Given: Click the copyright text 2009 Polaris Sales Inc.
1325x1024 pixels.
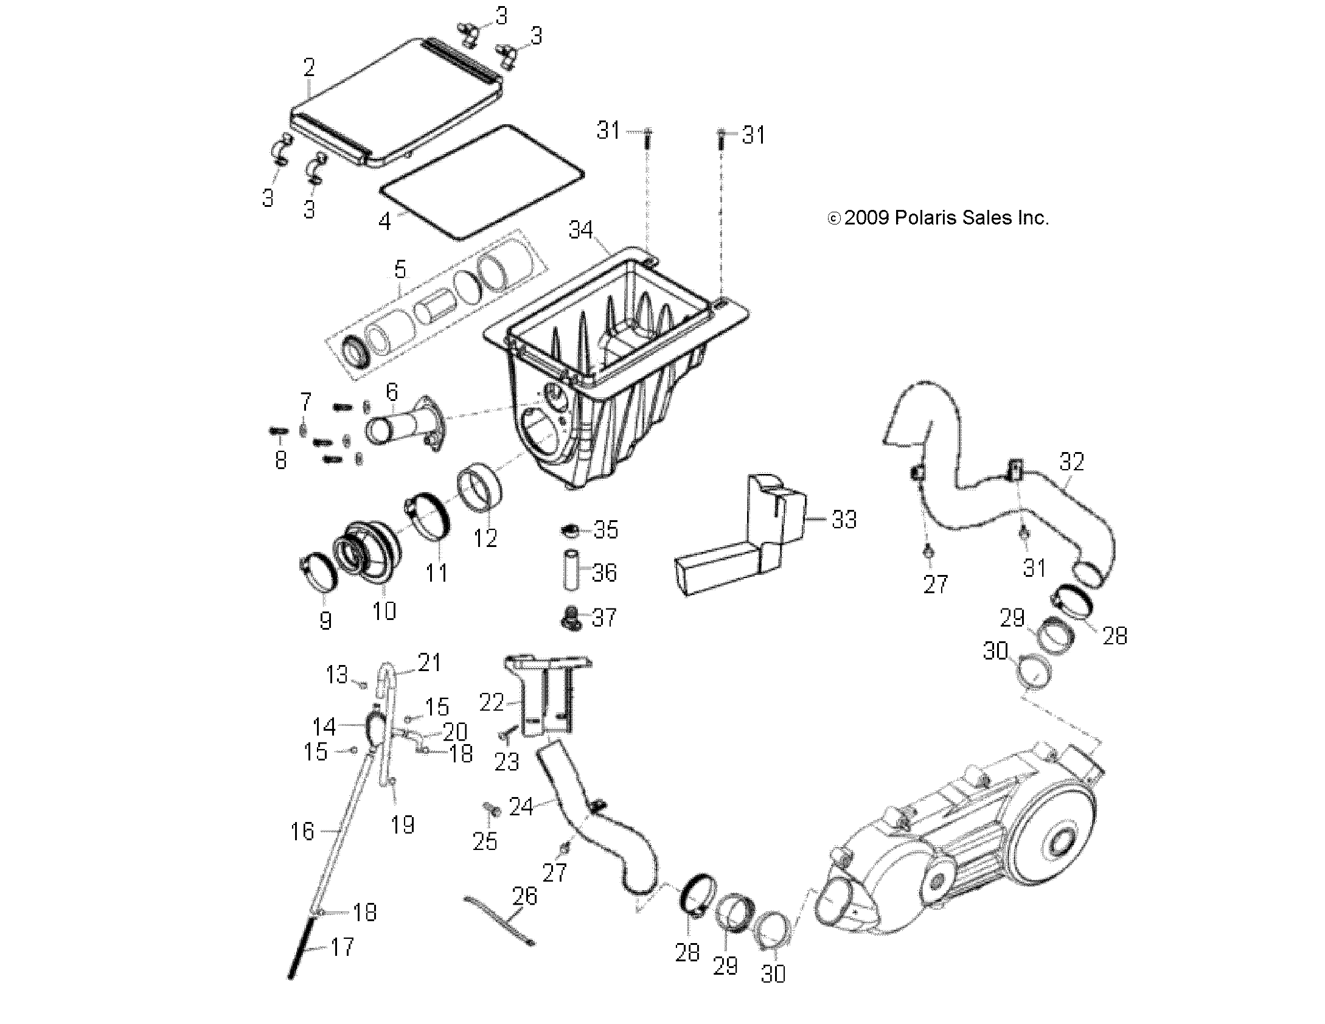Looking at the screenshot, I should click(x=939, y=218).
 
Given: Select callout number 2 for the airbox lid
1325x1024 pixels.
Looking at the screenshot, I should click(x=309, y=68).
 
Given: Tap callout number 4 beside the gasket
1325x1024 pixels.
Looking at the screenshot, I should click(x=384, y=221).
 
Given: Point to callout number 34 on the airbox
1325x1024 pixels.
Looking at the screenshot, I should click(x=580, y=229).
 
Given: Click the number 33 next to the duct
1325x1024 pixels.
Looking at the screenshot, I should click(x=844, y=519).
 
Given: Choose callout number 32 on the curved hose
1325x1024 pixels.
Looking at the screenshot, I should click(x=1071, y=462).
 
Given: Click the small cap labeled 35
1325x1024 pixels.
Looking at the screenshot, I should click(x=570, y=531).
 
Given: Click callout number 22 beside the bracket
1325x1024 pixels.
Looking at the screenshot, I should click(x=492, y=703).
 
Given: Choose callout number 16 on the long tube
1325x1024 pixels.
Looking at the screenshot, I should click(x=302, y=831).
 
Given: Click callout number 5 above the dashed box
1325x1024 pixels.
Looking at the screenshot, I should click(x=400, y=269).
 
